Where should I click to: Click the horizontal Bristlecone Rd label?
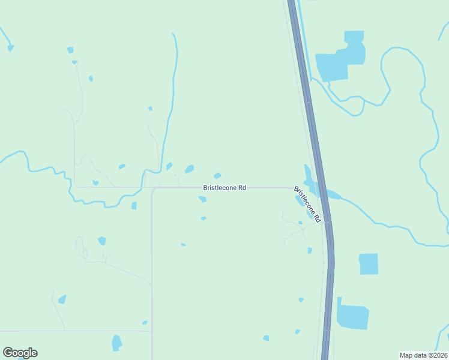click(224, 188)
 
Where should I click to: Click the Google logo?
click(20, 353)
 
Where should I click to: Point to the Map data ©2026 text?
click(424, 355)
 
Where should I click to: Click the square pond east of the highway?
click(369, 264)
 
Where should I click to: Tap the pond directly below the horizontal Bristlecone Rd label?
click(203, 199)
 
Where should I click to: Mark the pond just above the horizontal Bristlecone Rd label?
click(217, 176)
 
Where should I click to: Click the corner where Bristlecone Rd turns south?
click(153, 189)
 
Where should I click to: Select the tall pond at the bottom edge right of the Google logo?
click(116, 343)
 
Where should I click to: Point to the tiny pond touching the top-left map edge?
click(10, 48)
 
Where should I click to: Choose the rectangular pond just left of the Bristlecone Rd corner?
click(134, 206)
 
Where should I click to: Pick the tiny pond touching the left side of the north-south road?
click(145, 323)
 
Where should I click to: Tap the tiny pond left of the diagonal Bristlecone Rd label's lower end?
click(300, 223)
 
